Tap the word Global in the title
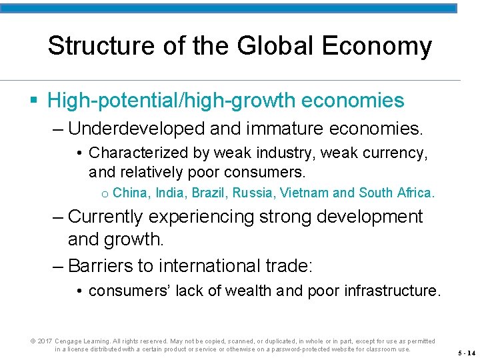(259, 46)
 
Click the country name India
(171, 193)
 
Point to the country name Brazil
(209, 193)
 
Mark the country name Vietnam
(304, 193)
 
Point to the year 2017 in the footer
(45, 341)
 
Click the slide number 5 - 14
(466, 353)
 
